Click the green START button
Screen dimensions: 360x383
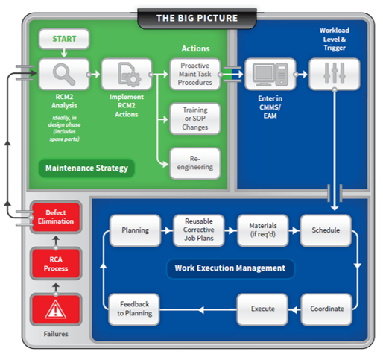(64, 39)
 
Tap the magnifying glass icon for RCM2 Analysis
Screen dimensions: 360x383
(63, 75)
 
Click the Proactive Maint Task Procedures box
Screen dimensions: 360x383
(195, 75)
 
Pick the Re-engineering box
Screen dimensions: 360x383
(195, 163)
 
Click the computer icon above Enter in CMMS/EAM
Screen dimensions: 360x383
(270, 75)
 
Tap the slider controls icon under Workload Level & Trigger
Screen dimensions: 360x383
(334, 75)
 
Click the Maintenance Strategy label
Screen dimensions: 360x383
(86, 167)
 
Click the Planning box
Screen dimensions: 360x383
(135, 230)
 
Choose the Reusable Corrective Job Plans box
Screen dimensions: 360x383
(198, 230)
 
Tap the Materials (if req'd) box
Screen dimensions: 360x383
(262, 230)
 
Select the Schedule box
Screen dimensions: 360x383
(326, 230)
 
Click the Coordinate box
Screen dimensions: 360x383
(326, 309)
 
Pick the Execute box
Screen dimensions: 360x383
(262, 309)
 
